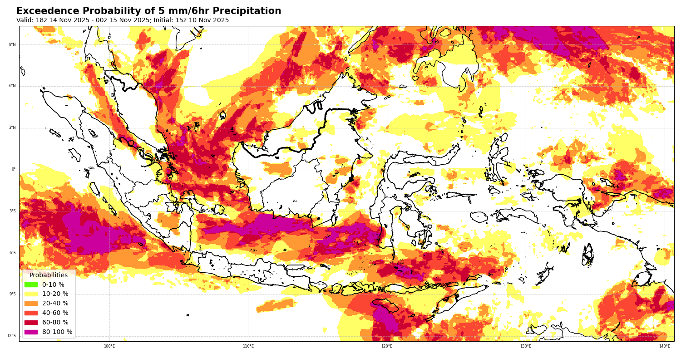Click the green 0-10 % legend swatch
31,285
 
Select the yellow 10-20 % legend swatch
31,294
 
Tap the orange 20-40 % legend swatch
31,304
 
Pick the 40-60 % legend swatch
31,313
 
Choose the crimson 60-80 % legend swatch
31,323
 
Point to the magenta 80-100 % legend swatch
31,332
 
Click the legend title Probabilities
49,275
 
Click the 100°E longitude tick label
109,346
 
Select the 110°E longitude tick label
248,346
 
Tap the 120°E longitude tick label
387,346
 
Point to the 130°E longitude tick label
526,346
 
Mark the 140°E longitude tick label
665,346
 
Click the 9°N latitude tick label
12,44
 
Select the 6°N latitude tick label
12,86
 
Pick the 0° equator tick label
14,170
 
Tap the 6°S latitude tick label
12,253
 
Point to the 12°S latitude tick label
11,336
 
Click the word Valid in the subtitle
25,20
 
